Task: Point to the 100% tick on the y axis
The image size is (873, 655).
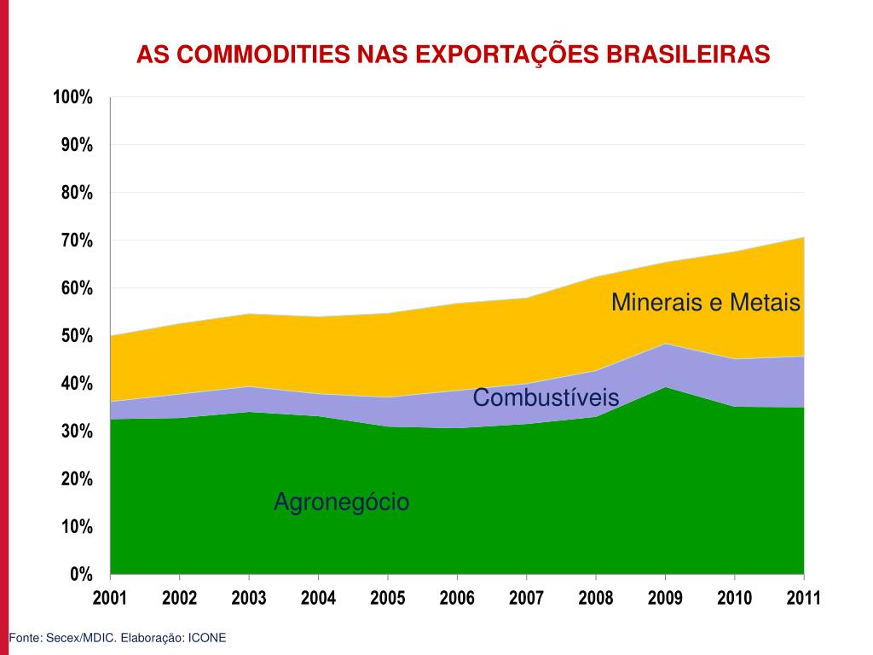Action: [x=72, y=97]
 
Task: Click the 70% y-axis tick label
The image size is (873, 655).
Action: [x=77, y=241]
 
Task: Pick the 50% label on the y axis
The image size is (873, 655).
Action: [x=77, y=336]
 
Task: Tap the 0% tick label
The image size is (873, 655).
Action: [x=82, y=574]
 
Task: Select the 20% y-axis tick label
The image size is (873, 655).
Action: [x=77, y=479]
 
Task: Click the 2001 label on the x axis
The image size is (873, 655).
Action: [x=110, y=598]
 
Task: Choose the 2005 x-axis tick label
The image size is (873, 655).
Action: [x=388, y=598]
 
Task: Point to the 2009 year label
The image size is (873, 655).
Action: [x=665, y=598]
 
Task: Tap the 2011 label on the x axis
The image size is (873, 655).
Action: [x=803, y=598]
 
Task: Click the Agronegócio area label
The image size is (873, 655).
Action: [x=341, y=503]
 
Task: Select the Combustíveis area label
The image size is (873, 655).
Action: [x=546, y=397]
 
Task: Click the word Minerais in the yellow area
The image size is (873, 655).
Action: [x=652, y=302]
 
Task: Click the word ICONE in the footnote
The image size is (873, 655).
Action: [x=207, y=638]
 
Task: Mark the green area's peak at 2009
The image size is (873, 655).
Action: [x=665, y=387]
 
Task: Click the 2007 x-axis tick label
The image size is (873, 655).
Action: [x=526, y=598]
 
